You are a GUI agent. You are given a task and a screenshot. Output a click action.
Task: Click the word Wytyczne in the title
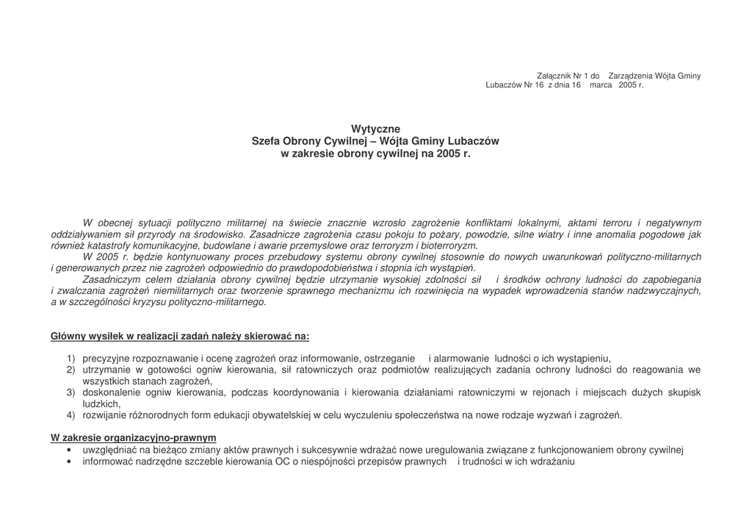[375, 129]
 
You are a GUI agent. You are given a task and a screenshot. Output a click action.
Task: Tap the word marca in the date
[601, 85]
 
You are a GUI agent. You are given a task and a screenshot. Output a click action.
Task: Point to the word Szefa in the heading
[266, 142]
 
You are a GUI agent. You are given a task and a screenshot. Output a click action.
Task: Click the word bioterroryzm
[448, 245]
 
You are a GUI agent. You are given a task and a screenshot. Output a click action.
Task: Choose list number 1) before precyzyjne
[71, 359]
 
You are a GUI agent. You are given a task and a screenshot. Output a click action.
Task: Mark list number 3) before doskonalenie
[71, 392]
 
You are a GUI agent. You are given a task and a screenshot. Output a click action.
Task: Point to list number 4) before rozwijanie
[71, 415]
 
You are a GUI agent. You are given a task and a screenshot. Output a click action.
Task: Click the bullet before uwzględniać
[68, 450]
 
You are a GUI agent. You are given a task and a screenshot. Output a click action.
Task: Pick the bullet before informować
[68, 462]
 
